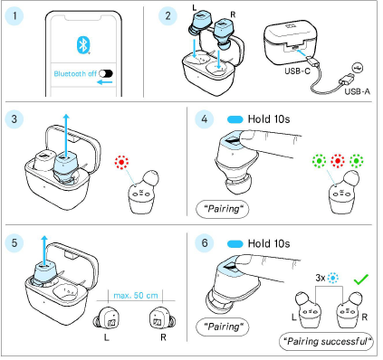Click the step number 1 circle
[x=14, y=15]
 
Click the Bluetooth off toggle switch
[x=106, y=73]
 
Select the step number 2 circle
[x=168, y=15]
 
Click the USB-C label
[x=297, y=71]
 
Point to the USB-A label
[x=358, y=91]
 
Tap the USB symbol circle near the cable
[x=359, y=68]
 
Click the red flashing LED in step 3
[x=121, y=162]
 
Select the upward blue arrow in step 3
[x=66, y=135]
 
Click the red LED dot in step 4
[x=338, y=161]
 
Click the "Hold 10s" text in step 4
[x=269, y=119]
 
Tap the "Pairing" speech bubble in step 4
[x=223, y=209]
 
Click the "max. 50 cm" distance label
[x=136, y=296]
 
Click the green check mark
[x=361, y=279]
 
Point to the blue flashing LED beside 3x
[x=333, y=278]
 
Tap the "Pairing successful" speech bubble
[x=326, y=341]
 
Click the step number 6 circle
[x=205, y=243]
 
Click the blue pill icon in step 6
[x=235, y=244]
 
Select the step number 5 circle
[x=14, y=243]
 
